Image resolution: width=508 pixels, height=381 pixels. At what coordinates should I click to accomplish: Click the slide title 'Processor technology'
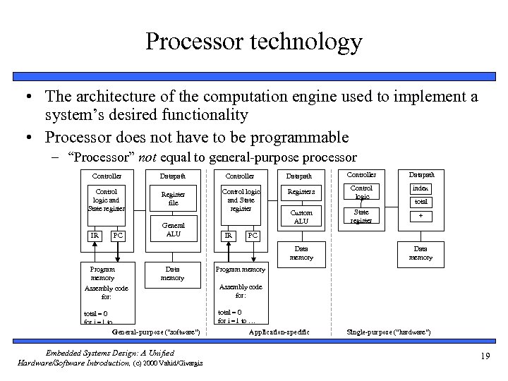coord(253,42)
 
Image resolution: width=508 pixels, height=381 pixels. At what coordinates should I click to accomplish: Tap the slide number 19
coord(485,356)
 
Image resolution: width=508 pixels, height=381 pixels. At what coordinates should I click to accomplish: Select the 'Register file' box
coord(173,199)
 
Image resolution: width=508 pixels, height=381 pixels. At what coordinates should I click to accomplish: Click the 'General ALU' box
coord(173,229)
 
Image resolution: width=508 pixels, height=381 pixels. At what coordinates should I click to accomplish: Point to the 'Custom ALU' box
coord(301,217)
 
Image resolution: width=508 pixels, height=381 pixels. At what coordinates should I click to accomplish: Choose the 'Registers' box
coord(301,192)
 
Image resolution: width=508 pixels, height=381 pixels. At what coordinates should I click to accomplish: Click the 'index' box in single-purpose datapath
coord(421,188)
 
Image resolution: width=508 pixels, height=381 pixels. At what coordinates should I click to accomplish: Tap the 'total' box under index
coord(421,202)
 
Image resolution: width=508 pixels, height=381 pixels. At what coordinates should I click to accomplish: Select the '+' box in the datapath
coord(421,217)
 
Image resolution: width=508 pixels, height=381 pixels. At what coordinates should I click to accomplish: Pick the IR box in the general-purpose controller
coord(94,234)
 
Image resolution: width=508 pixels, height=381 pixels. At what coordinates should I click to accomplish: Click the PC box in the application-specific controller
coord(253,234)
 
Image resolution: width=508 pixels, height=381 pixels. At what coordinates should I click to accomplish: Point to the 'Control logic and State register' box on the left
coord(106,199)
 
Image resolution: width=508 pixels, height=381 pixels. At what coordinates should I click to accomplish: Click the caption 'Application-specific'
coord(279,332)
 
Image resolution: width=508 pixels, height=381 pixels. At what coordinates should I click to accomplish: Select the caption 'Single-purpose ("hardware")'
coord(389,332)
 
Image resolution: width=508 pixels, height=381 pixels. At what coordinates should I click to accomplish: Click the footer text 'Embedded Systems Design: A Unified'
coord(109,352)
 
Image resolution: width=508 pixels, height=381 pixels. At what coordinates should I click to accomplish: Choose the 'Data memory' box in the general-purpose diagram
coord(172,273)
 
